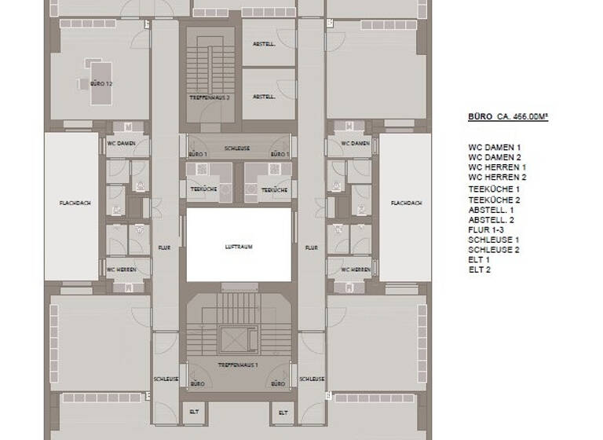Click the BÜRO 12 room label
point(100,82)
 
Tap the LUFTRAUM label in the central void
point(238,247)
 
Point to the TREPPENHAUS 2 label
point(209,97)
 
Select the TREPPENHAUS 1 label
point(238,367)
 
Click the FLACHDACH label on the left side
point(75,203)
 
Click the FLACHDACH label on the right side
point(407,203)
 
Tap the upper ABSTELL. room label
point(265,45)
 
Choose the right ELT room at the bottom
point(282,412)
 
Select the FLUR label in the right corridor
point(311,247)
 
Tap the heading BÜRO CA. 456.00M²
point(507,117)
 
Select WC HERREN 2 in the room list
point(497,178)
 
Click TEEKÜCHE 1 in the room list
point(494,189)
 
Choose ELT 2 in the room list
point(479,269)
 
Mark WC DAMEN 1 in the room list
point(495,147)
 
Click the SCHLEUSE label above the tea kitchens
point(237,148)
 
